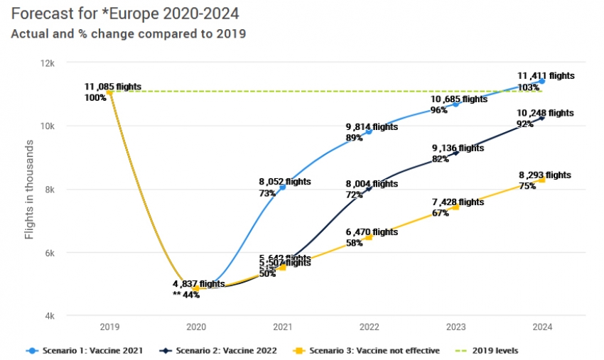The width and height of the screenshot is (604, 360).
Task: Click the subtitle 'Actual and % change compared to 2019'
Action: click(x=128, y=34)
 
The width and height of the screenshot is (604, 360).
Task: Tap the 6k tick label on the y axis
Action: click(x=48, y=253)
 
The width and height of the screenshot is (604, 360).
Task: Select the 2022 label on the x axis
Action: click(x=369, y=327)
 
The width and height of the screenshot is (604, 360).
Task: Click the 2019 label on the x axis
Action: click(x=109, y=327)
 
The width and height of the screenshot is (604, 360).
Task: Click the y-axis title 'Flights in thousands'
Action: click(x=29, y=190)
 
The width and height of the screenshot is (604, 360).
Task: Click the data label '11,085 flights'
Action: click(x=113, y=87)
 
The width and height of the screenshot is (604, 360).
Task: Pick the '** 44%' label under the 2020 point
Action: click(x=186, y=295)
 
